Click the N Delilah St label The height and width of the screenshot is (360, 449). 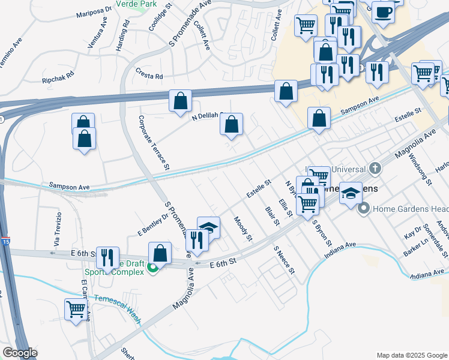pos(206,117)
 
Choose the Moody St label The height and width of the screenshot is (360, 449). pos(243,230)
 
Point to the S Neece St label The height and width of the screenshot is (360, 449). pos(285,259)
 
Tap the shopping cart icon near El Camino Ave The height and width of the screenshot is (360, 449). pos(76,310)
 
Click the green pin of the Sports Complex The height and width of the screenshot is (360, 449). pos(153,269)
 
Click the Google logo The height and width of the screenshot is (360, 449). pos(19,353)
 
